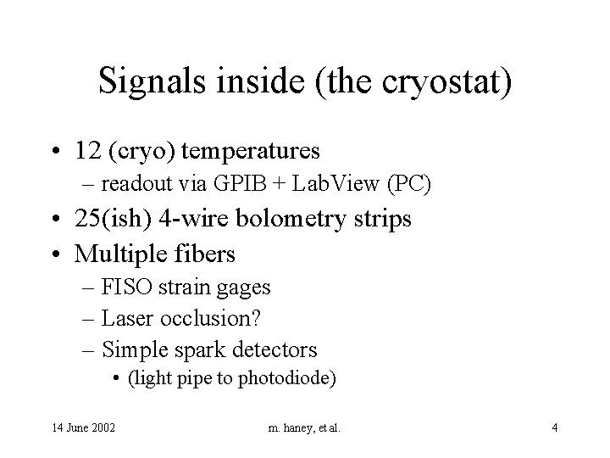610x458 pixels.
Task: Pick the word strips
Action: point(385,219)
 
